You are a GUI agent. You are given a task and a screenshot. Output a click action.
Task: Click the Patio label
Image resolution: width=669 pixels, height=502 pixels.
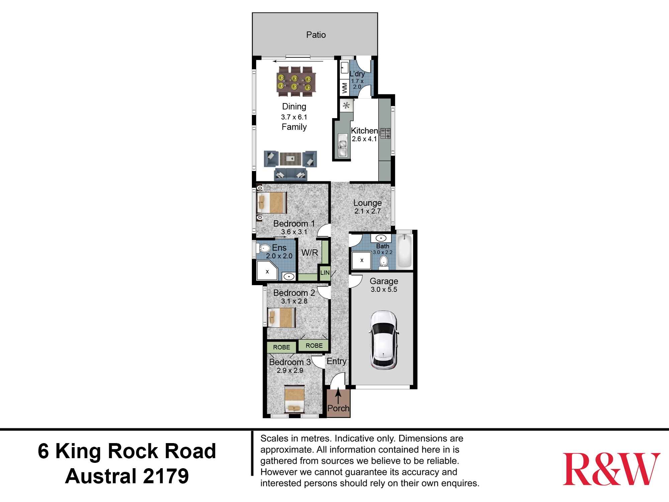click(x=316, y=35)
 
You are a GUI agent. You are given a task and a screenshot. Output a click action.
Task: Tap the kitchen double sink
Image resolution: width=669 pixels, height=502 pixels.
click(x=343, y=145)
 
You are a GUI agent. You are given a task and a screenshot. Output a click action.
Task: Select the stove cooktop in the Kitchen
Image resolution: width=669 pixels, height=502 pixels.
click(x=385, y=133)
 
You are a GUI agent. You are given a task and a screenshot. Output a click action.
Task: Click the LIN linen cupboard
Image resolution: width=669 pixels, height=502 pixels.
click(x=325, y=273)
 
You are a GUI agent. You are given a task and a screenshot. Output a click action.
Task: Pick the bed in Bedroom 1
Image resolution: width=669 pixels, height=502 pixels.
click(x=272, y=202)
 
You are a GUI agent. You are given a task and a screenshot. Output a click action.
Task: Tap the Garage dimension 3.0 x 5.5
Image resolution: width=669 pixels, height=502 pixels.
click(x=384, y=289)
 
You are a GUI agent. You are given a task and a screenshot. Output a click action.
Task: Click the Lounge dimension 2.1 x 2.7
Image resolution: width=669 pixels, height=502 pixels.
click(x=367, y=211)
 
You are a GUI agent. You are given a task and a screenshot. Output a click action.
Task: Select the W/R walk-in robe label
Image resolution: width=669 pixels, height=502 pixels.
click(x=309, y=253)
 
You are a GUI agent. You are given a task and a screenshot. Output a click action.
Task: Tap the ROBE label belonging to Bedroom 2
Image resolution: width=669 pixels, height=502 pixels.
click(x=314, y=345)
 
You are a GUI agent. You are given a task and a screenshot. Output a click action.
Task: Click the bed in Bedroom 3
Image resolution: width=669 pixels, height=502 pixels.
click(x=294, y=399)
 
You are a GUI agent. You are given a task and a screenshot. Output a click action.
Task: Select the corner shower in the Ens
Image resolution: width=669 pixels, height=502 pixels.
click(x=267, y=271)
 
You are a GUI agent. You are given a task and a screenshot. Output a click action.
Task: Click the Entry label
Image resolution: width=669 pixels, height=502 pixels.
click(x=337, y=361)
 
